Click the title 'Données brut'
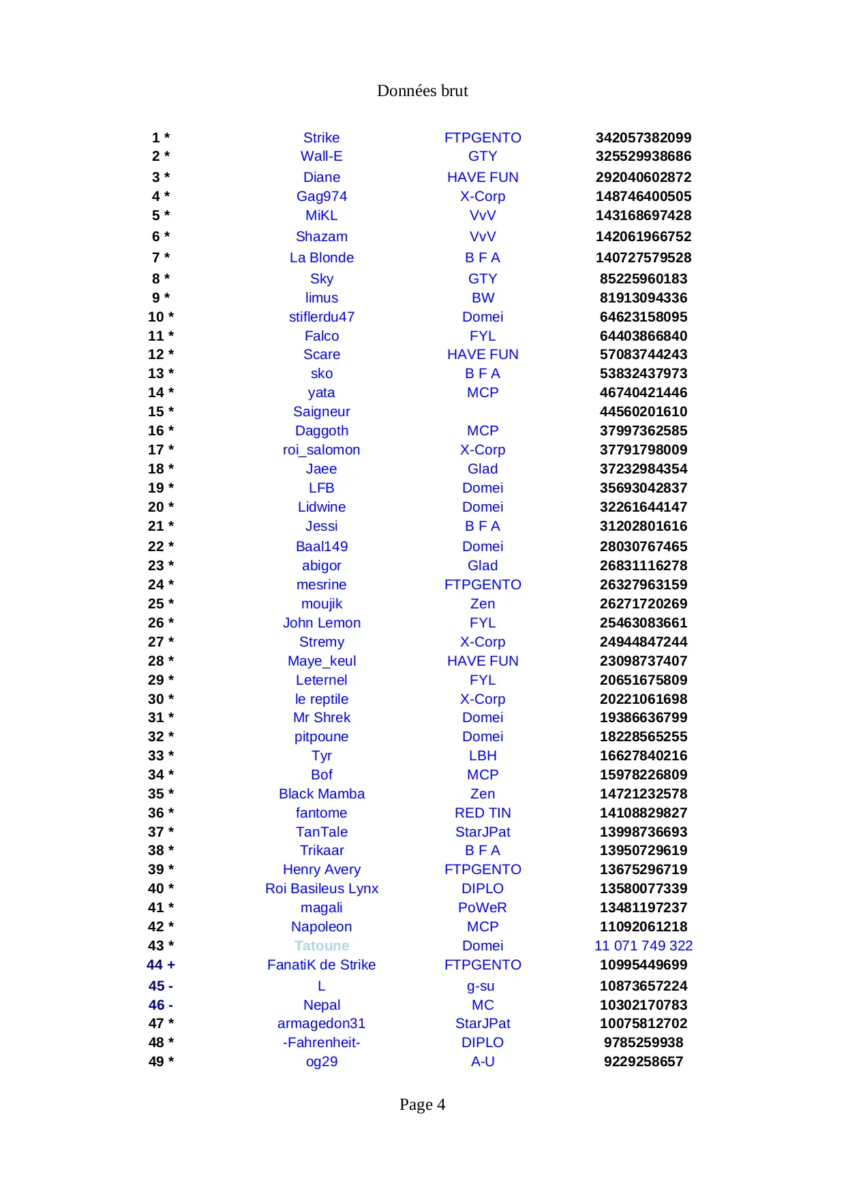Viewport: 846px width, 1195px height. pyautogui.click(x=422, y=91)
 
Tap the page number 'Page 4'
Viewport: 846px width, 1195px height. pyautogui.click(x=422, y=1104)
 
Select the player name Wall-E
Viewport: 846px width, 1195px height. pyautogui.click(x=321, y=156)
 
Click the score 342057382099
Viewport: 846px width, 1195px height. pyautogui.click(x=643, y=138)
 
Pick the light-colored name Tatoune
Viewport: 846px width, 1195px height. pyautogui.click(x=321, y=946)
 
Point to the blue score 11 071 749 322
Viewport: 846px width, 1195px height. pyautogui.click(x=643, y=946)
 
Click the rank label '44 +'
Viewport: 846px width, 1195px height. pyautogui.click(x=161, y=965)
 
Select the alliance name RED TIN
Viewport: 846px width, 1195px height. pyautogui.click(x=483, y=813)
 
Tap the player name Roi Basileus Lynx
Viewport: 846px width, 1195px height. pyautogui.click(x=321, y=888)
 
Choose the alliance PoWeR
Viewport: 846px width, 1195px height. pyautogui.click(x=483, y=907)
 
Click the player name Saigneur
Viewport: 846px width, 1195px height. pyautogui.click(x=321, y=412)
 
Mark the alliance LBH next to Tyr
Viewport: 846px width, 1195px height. pyautogui.click(x=483, y=756)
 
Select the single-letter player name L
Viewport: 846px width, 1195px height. pyautogui.click(x=321, y=986)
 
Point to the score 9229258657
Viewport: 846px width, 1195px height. pyautogui.click(x=643, y=1061)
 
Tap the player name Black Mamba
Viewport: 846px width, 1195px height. pyautogui.click(x=321, y=794)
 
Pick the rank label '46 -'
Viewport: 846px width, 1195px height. pyautogui.click(x=161, y=1005)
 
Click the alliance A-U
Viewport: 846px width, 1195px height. pyautogui.click(x=483, y=1061)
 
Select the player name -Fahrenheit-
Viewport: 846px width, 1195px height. pyautogui.click(x=321, y=1042)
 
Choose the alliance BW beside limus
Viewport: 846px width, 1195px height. pyautogui.click(x=483, y=298)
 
